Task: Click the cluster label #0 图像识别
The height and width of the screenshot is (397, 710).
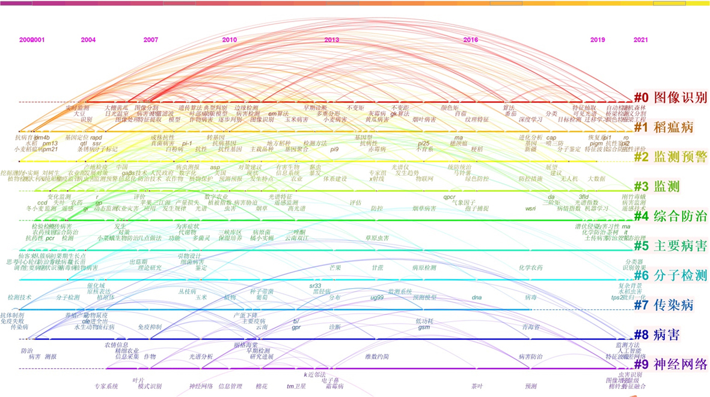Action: pyautogui.click(x=672, y=97)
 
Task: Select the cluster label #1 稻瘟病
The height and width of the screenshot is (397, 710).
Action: pyautogui.click(x=664, y=127)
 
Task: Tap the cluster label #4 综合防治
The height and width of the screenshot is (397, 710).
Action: pyautogui.click(x=672, y=216)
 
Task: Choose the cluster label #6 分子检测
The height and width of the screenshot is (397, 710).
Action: pyautogui.click(x=672, y=275)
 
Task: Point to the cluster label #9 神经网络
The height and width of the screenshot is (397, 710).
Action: pyautogui.click(x=672, y=365)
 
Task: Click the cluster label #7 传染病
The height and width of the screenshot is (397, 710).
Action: pyautogui.click(x=664, y=305)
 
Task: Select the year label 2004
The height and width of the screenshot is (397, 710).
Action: pyautogui.click(x=88, y=40)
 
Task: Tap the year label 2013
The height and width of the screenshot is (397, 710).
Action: pyautogui.click(x=332, y=40)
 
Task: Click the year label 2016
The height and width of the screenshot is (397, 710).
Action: pyautogui.click(x=471, y=40)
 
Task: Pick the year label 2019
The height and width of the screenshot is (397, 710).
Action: pyautogui.click(x=598, y=40)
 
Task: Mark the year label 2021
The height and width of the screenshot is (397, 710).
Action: pyautogui.click(x=641, y=40)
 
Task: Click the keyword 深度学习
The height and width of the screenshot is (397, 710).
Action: pyautogui.click(x=531, y=120)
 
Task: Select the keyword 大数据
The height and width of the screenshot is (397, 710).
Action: pyautogui.click(x=596, y=179)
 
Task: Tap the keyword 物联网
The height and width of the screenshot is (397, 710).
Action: pyautogui.click(x=424, y=179)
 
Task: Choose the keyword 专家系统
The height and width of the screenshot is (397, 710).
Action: pyautogui.click(x=106, y=386)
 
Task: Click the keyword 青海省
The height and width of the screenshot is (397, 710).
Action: pyautogui.click(x=531, y=327)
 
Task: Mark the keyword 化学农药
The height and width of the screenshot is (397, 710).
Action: pyautogui.click(x=530, y=268)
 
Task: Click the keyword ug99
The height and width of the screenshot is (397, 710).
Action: pyautogui.click(x=377, y=297)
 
